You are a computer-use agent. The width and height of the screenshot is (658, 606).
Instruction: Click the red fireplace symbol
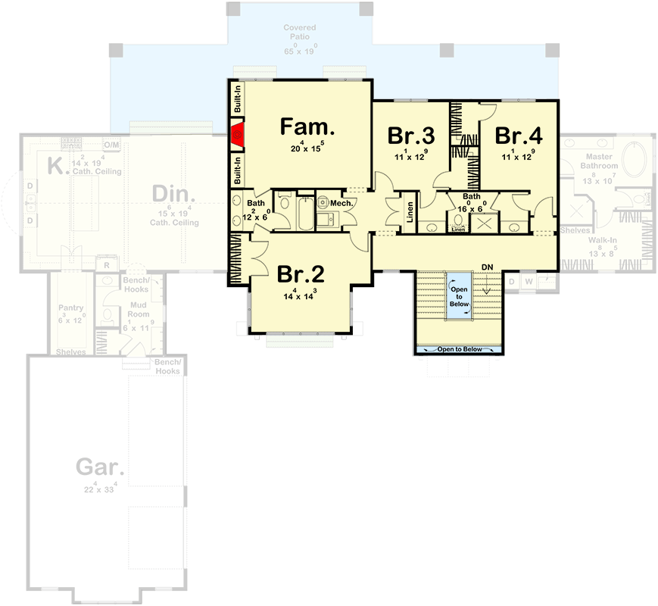(237, 136)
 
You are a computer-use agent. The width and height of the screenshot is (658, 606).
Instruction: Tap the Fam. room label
(307, 127)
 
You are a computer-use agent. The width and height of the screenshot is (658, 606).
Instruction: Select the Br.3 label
(411, 136)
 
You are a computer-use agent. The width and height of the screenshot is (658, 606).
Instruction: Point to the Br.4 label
(519, 136)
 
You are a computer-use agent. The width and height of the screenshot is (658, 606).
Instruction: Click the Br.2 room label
(301, 273)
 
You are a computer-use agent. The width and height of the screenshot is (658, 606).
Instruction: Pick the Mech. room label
(341, 204)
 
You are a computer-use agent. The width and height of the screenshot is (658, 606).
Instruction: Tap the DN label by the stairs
(487, 267)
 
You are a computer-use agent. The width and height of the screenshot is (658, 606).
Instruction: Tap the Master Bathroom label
(600, 161)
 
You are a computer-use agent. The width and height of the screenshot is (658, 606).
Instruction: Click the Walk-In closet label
(603, 239)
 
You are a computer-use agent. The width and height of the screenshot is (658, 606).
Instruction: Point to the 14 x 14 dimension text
(300, 296)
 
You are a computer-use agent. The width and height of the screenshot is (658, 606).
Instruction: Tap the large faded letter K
(54, 166)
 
